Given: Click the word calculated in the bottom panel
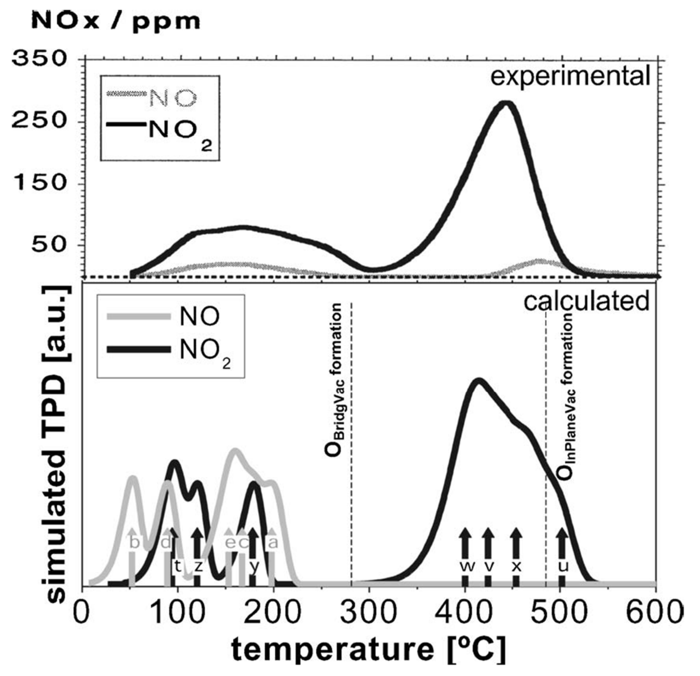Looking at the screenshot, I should pyautogui.click(x=586, y=301).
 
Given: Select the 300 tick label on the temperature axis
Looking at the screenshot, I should pyautogui.click(x=369, y=612).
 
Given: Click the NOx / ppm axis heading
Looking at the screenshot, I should pyautogui.click(x=116, y=22).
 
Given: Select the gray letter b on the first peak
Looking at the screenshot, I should pyautogui.click(x=134, y=544).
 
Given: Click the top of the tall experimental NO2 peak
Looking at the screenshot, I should pyautogui.click(x=506, y=104).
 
